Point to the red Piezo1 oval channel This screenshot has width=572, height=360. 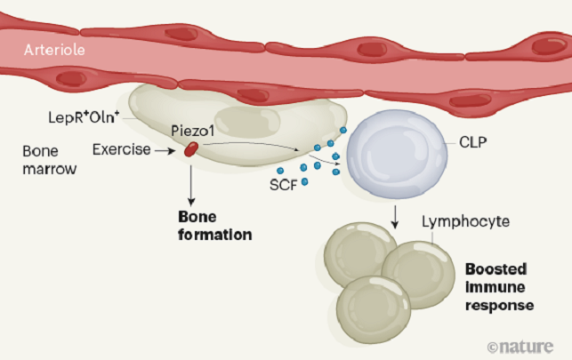point(190,151)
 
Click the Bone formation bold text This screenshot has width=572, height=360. point(215,227)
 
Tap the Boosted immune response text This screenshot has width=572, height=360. point(498,285)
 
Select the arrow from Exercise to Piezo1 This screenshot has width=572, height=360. point(167,151)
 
